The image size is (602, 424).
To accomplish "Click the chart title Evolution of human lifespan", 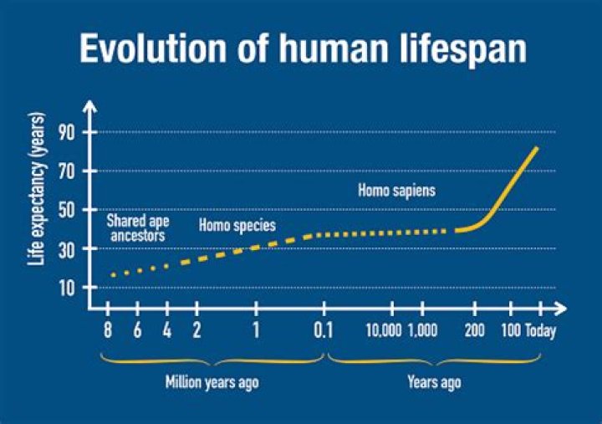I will click(x=303, y=49).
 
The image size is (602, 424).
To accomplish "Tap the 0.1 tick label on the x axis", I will click(x=324, y=329).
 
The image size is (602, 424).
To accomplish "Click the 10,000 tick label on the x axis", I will click(x=384, y=329).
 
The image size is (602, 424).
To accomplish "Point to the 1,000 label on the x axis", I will click(x=422, y=329).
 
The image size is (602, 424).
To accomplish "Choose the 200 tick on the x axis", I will click(x=475, y=329).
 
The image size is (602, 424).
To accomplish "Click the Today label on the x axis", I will click(x=540, y=329).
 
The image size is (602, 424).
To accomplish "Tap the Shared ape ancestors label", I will click(x=136, y=228).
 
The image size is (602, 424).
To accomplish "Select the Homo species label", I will click(x=237, y=226).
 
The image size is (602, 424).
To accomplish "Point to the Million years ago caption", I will click(x=212, y=383).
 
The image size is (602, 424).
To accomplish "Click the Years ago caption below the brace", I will click(x=434, y=383).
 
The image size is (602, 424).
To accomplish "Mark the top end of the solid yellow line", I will click(x=537, y=148).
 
